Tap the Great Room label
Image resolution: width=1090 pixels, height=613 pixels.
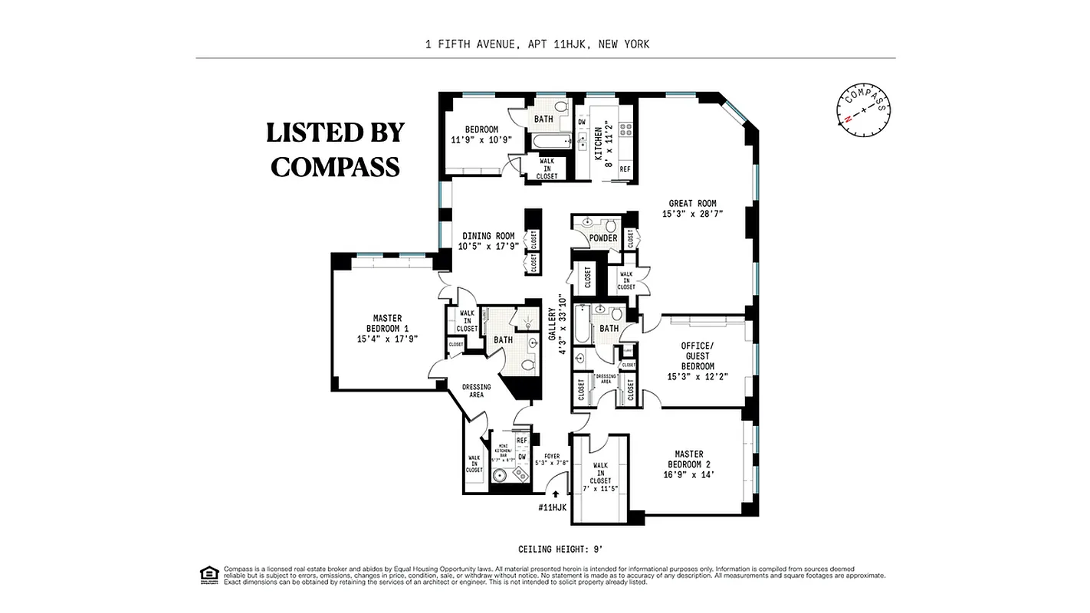click(692, 208)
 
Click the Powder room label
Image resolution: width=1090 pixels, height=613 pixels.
click(603, 238)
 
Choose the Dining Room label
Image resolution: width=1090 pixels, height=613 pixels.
click(488, 241)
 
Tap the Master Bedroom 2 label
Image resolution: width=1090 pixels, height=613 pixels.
click(688, 464)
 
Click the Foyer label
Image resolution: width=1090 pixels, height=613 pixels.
click(551, 460)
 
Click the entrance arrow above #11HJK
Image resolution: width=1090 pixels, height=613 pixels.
click(555, 494)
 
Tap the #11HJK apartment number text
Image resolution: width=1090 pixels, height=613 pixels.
click(553, 507)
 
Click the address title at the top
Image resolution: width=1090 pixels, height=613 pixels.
click(537, 44)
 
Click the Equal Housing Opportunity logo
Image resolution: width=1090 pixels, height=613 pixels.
click(208, 574)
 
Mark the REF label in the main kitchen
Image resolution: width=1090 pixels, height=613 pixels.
click(625, 169)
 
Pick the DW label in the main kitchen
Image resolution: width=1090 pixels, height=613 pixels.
click(582, 122)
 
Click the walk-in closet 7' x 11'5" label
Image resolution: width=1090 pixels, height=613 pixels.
click(600, 477)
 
